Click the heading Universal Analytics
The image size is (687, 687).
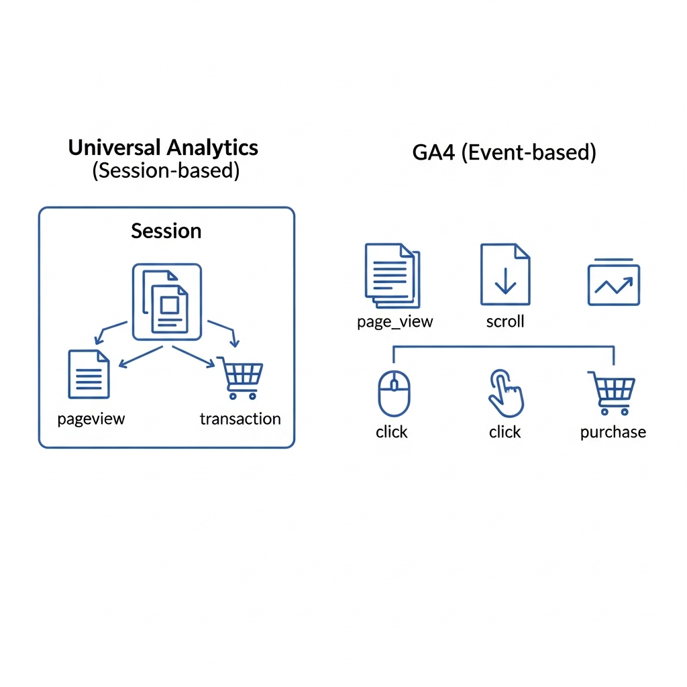(x=163, y=148)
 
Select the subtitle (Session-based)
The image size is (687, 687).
(x=166, y=171)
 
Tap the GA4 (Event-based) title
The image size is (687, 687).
(x=504, y=152)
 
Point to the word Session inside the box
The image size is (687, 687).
(x=166, y=231)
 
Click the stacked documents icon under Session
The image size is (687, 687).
(x=167, y=302)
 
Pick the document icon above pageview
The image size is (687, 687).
(x=89, y=374)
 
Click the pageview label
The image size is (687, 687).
(x=91, y=419)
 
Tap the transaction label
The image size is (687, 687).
(x=240, y=419)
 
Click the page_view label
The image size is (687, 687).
(x=395, y=322)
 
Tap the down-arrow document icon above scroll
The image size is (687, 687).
(x=505, y=274)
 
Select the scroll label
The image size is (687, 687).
(x=505, y=322)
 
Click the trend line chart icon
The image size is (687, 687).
(x=614, y=283)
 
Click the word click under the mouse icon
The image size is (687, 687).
(x=392, y=432)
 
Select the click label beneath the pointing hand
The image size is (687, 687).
(x=505, y=432)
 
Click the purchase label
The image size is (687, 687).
(x=613, y=432)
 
